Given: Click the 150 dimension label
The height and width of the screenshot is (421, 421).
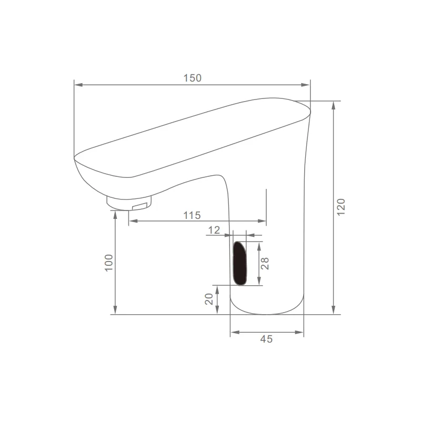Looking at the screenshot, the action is (x=192, y=78).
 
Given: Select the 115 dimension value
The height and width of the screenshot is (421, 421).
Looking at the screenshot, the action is (x=192, y=215).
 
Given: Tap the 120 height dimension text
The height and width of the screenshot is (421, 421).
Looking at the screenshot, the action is (x=340, y=207).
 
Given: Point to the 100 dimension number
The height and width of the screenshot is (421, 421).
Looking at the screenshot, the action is (x=109, y=263).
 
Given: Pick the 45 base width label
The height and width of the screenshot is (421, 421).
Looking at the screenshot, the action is (x=266, y=339).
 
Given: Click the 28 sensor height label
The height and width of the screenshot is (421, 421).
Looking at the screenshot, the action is (x=265, y=263).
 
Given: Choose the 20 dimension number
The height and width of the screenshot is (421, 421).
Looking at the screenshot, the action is (x=209, y=299).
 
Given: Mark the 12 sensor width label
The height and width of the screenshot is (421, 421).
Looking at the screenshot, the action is (x=214, y=230).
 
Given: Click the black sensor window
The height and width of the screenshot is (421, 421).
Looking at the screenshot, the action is (x=239, y=263).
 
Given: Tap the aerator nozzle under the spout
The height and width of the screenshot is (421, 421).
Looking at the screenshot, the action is (x=129, y=203).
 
